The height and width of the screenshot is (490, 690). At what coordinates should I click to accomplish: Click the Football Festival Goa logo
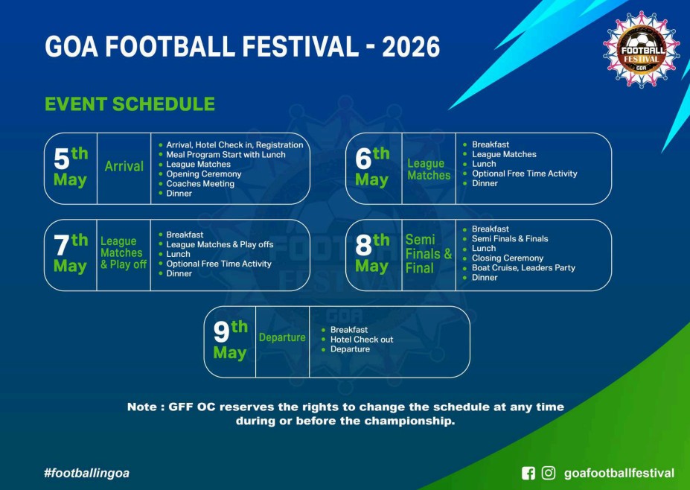click(x=641, y=48)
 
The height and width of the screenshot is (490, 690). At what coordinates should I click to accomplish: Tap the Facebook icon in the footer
click(x=528, y=474)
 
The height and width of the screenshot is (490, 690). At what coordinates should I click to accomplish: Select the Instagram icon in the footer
click(x=549, y=474)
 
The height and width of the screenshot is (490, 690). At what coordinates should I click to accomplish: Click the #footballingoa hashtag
click(x=86, y=474)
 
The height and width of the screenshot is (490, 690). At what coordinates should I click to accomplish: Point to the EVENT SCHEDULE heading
click(x=130, y=104)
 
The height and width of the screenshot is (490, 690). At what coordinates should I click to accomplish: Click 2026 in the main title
click(x=411, y=47)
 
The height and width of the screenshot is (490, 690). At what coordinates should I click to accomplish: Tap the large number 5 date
click(x=62, y=159)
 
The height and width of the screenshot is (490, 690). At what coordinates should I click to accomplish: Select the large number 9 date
click(x=221, y=332)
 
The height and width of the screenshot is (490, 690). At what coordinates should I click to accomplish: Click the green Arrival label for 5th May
click(x=124, y=166)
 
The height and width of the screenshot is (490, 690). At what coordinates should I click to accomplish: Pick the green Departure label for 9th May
click(x=282, y=337)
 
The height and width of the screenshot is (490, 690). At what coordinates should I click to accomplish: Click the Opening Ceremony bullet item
click(x=204, y=174)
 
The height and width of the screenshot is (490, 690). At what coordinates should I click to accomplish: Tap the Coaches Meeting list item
click(x=200, y=184)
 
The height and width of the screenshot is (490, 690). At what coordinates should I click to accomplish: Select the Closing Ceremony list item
click(x=508, y=258)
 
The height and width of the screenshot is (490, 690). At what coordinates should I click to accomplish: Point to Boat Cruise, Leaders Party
click(x=523, y=267)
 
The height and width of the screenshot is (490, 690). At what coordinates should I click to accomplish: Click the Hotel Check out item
click(x=362, y=340)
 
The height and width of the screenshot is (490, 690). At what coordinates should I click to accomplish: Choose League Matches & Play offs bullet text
click(x=220, y=244)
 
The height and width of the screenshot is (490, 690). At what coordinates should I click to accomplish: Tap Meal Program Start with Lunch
click(x=226, y=155)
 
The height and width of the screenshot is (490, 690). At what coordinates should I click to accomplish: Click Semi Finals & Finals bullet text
click(x=510, y=238)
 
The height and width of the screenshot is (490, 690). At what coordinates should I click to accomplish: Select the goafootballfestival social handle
click(x=619, y=474)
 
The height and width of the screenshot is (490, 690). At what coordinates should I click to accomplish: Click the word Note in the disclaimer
click(x=141, y=407)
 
